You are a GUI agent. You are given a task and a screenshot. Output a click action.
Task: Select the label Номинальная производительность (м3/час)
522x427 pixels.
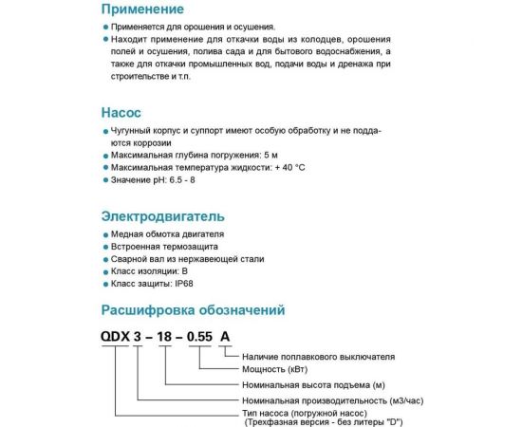[322, 401]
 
